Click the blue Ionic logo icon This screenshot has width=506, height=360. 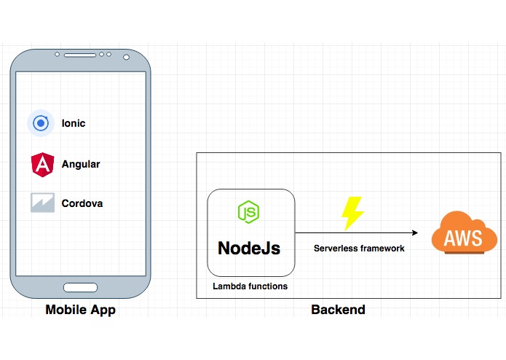tap(41, 123)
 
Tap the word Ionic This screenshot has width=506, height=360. tap(74, 123)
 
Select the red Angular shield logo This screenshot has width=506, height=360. tap(43, 165)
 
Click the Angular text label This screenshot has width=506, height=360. tap(81, 164)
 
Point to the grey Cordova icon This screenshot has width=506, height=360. tap(43, 203)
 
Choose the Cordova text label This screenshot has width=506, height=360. tap(82, 203)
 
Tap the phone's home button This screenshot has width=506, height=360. tap(80, 287)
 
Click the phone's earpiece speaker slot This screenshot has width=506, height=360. tap(80, 55)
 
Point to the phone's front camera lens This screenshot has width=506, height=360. tap(126, 57)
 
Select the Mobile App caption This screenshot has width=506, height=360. tap(80, 310)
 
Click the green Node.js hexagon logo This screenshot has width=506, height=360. tap(248, 212)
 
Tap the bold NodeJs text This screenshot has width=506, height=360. tap(249, 248)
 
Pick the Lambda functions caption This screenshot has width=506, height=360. tap(250, 286)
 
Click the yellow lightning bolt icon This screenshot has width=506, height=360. tap(352, 214)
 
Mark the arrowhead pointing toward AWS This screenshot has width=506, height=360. tap(415, 232)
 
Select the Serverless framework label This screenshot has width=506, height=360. tap(359, 249)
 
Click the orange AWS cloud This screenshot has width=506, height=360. tap(464, 232)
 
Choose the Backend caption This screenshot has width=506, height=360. tap(339, 310)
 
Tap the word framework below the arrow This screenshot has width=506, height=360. tap(382, 249)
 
